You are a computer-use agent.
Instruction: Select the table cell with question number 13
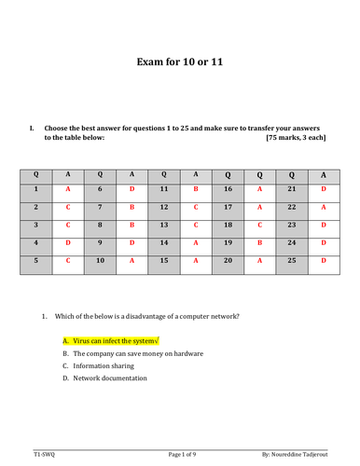point(163,225)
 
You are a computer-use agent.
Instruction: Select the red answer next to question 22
point(323,206)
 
